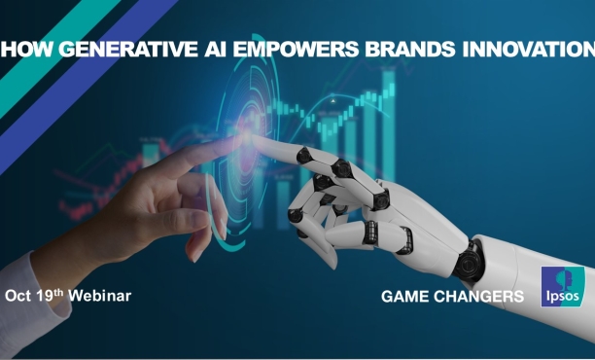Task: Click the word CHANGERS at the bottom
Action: click(483, 295)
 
